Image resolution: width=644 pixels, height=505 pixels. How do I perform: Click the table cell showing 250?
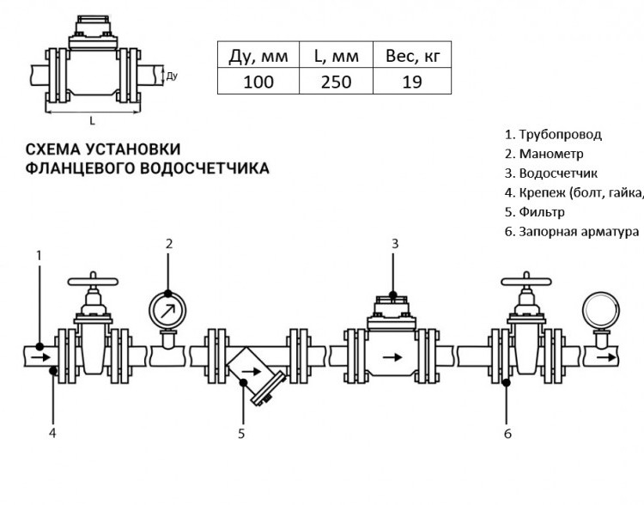pyautogui.click(x=336, y=82)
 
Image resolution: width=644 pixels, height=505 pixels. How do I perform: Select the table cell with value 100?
pyautogui.click(x=258, y=82)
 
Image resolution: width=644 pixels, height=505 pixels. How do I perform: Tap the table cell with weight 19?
pyautogui.click(x=412, y=82)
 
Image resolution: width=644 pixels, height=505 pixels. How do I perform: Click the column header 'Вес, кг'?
pyautogui.click(x=412, y=56)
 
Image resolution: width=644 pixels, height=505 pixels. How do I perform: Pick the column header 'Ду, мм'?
pyautogui.click(x=258, y=56)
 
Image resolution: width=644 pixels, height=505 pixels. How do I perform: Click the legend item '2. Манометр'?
pyautogui.click(x=544, y=154)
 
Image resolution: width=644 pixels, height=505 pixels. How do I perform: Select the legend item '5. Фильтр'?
pyautogui.click(x=534, y=212)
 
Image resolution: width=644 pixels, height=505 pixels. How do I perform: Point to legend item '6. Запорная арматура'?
pyautogui.click(x=572, y=232)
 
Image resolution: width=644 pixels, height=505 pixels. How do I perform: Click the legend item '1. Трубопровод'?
pyautogui.click(x=553, y=134)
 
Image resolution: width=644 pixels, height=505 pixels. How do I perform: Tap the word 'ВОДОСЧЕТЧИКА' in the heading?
pyautogui.click(x=204, y=168)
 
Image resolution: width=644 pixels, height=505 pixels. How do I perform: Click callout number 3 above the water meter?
pyautogui.click(x=395, y=244)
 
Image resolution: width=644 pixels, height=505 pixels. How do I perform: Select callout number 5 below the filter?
pyautogui.click(x=241, y=434)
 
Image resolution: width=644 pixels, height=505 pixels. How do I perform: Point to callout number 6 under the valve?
pyautogui.click(x=507, y=434)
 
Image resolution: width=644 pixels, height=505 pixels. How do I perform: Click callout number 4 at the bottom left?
pyautogui.click(x=52, y=433)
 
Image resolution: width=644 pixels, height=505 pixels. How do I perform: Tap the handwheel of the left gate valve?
pyautogui.click(x=93, y=282)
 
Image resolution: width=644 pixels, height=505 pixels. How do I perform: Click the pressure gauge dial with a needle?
pyautogui.click(x=167, y=310)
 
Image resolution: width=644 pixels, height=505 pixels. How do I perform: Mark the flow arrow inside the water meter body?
pyautogui.click(x=392, y=357)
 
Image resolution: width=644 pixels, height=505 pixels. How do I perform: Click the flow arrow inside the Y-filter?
pyautogui.click(x=252, y=372)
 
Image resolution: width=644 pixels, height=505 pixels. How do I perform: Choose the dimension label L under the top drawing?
pyautogui.click(x=93, y=121)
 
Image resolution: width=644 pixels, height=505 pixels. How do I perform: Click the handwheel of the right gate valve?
pyautogui.click(x=526, y=282)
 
